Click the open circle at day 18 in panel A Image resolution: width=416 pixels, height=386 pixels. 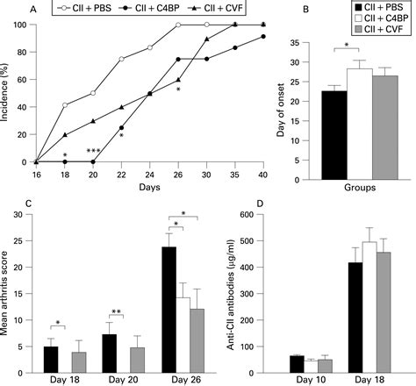click(x=64, y=104)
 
